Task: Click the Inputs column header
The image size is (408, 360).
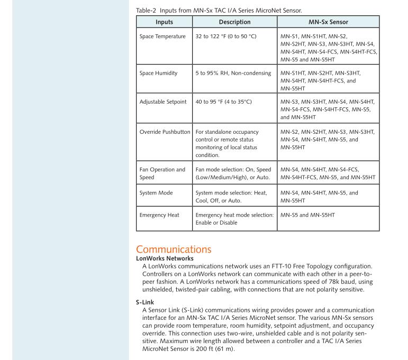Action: (164, 23)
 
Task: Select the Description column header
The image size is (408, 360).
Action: (234, 23)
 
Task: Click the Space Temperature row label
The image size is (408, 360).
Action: (162, 36)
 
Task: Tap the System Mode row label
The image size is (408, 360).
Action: (157, 193)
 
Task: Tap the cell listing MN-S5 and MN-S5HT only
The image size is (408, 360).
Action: (308, 215)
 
